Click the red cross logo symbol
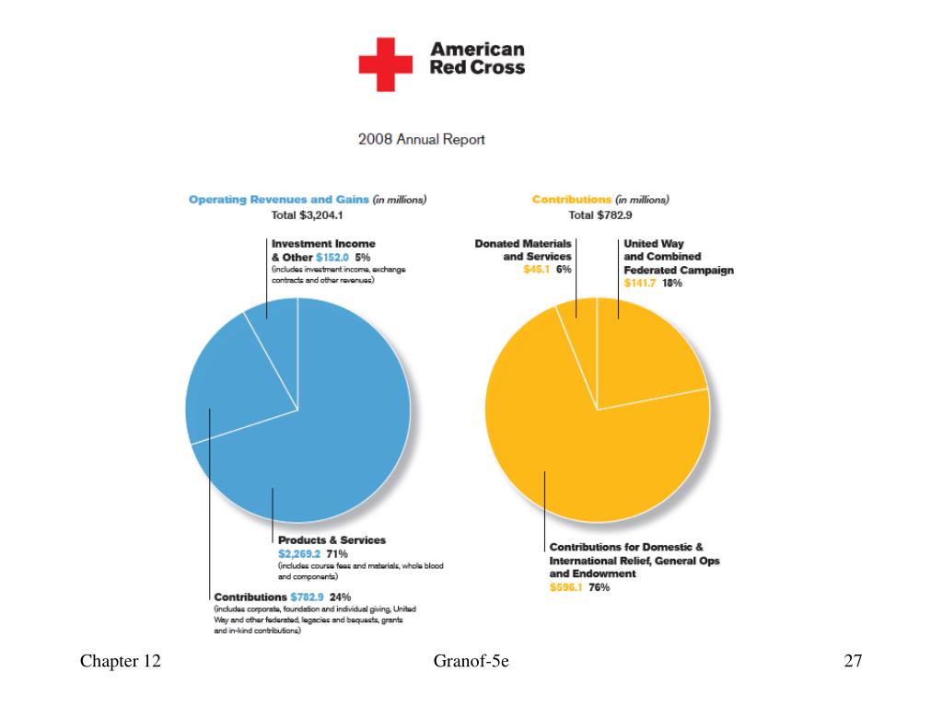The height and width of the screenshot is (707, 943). pyautogui.click(x=386, y=64)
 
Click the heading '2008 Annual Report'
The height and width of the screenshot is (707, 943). pyautogui.click(x=422, y=140)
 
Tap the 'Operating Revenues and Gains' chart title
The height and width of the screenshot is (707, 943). pyautogui.click(x=278, y=200)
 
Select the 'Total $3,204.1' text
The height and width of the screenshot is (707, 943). pyautogui.click(x=308, y=215)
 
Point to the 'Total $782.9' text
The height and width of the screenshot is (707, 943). pyautogui.click(x=600, y=215)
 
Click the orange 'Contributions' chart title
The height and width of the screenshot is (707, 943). pyautogui.click(x=571, y=200)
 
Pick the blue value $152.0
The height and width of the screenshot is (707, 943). pyautogui.click(x=332, y=258)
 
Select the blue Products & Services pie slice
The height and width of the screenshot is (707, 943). pyautogui.click(x=337, y=433)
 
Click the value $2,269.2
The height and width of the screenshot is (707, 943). pyautogui.click(x=299, y=553)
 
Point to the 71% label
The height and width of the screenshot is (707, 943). pyautogui.click(x=337, y=553)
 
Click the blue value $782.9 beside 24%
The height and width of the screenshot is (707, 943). pyautogui.click(x=307, y=597)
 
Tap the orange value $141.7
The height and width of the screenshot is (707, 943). pyautogui.click(x=639, y=284)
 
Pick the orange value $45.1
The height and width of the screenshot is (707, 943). pyautogui.click(x=537, y=270)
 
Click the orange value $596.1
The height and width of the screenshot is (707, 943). pyautogui.click(x=565, y=587)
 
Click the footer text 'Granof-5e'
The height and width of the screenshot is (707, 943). pyautogui.click(x=471, y=661)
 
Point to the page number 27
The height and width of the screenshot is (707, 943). pyautogui.click(x=853, y=661)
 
